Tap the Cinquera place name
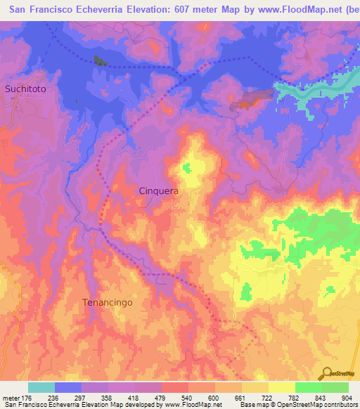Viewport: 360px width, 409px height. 158,190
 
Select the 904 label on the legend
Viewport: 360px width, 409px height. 347,398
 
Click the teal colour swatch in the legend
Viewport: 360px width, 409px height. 41,387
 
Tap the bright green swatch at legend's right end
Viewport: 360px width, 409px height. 335,387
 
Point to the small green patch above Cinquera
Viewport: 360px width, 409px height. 186,168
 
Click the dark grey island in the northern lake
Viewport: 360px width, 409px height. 101,60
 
